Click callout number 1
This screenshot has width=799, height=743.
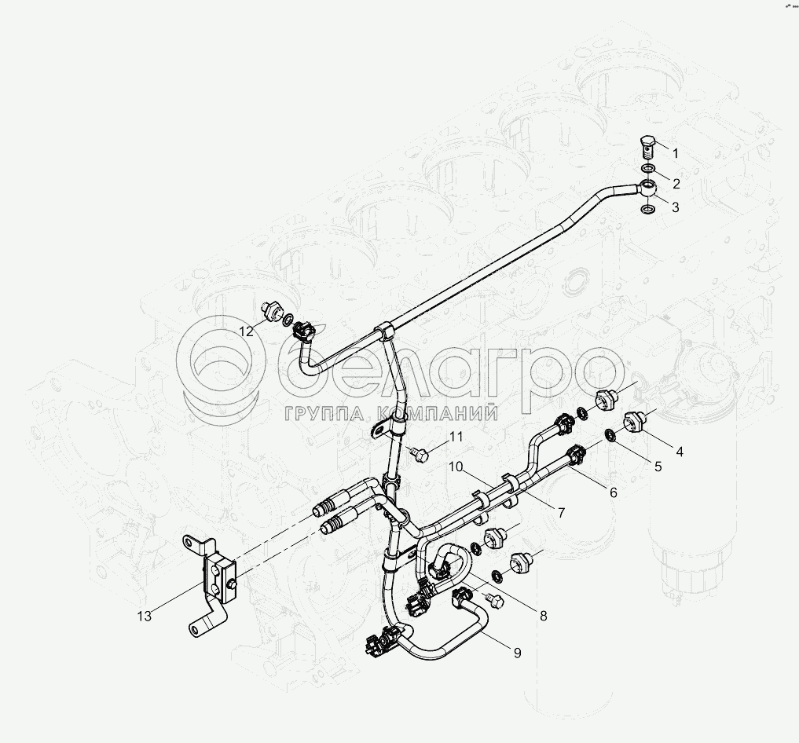click(674, 154)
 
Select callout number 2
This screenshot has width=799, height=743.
click(675, 184)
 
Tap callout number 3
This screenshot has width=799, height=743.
click(676, 207)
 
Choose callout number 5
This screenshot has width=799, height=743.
click(658, 466)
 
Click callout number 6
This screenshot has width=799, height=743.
click(613, 492)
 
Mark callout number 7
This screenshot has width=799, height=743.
click(561, 513)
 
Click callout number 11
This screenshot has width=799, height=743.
click(456, 437)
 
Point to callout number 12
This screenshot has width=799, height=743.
click(247, 331)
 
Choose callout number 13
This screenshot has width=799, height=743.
click(144, 617)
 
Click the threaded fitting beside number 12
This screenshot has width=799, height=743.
click(273, 310)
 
